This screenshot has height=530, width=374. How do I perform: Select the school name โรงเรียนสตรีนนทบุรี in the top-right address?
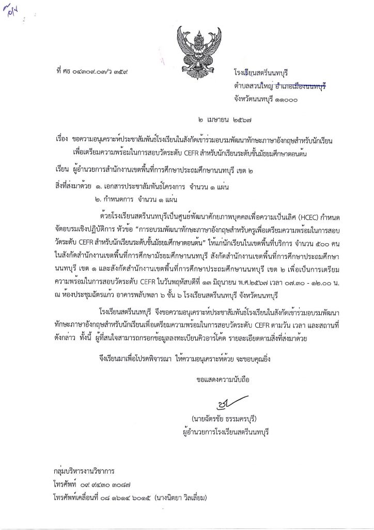point(264,73)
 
